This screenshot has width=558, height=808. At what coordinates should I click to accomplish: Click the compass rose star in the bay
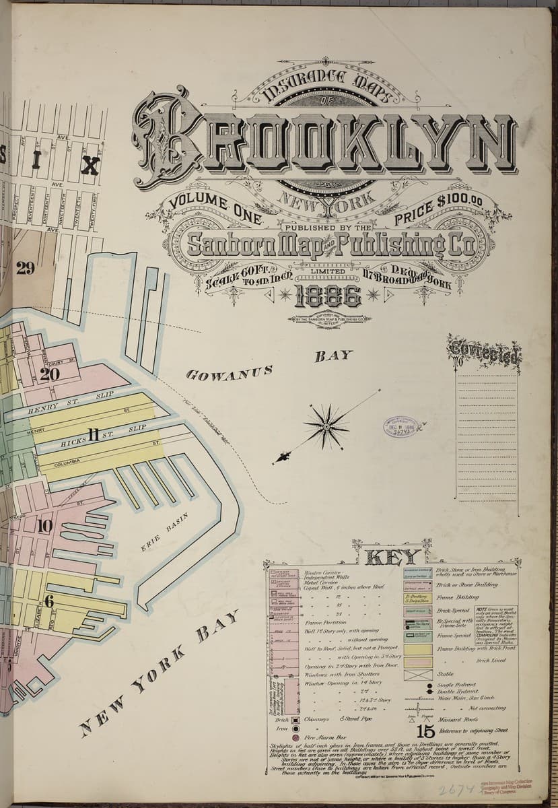[x=326, y=426]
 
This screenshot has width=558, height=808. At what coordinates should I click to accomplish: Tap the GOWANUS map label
[x=230, y=373]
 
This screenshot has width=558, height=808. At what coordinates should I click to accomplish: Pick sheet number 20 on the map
[x=49, y=374]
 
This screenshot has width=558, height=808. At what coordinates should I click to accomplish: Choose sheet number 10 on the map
[x=45, y=526]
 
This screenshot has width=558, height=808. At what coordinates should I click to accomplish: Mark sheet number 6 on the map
[x=48, y=601]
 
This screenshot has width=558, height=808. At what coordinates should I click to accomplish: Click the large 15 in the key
[x=425, y=731]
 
